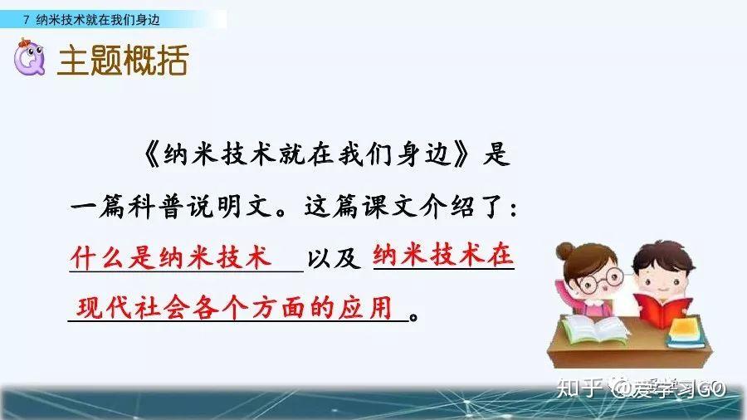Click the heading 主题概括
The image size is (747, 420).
click(x=122, y=61)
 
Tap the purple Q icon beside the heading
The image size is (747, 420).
click(x=30, y=60)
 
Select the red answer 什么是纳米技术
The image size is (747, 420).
click(x=171, y=258)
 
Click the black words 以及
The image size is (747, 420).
click(x=334, y=259)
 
